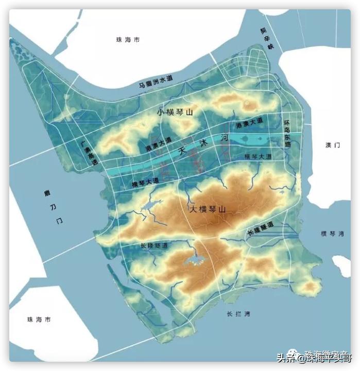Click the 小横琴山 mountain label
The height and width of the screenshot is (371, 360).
[175, 112]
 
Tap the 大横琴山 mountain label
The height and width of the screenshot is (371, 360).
[208, 210]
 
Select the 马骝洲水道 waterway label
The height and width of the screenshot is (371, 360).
[156, 83]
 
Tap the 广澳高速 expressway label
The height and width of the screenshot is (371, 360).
[87, 153]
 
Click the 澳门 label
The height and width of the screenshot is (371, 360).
[333, 146]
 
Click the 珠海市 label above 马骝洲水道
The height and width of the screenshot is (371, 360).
[127, 40]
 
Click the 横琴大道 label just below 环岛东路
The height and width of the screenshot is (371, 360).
[258, 156]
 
